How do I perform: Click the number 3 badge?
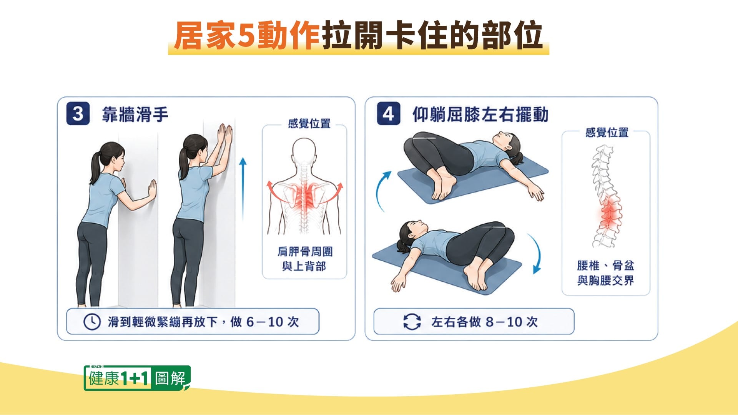78,114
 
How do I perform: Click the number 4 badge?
388,114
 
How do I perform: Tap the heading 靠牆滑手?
135,115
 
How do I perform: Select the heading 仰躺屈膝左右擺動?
480,115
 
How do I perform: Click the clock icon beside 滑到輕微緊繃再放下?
92,322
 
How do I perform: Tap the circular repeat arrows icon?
412,322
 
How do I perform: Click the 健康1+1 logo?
137,378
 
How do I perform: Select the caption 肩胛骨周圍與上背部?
305,259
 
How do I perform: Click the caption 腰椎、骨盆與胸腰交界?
606,273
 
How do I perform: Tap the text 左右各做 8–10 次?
484,322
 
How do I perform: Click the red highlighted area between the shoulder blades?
305,196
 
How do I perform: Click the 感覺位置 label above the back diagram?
309,124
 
